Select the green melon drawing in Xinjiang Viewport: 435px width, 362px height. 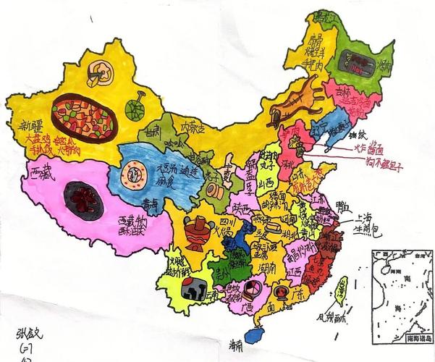click(x=134, y=107)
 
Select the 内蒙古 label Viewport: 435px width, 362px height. click(x=193, y=130)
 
